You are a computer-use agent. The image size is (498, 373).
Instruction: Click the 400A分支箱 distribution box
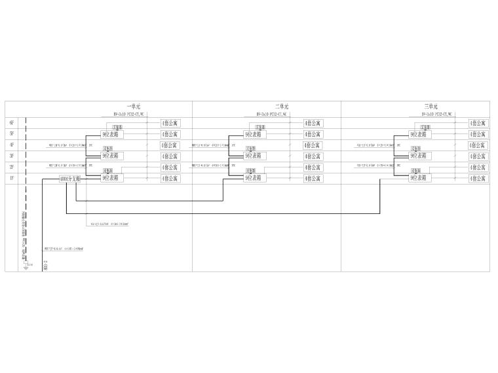69,178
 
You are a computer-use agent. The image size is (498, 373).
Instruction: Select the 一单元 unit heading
134,106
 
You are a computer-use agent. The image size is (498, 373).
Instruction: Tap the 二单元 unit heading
282,106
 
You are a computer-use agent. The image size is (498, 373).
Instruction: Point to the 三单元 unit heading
431,106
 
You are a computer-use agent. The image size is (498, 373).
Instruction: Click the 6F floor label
12,123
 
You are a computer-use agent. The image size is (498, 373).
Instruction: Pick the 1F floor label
12,178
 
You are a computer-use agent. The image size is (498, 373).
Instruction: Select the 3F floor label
12,156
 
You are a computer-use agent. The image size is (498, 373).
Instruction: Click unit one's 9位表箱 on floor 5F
110,134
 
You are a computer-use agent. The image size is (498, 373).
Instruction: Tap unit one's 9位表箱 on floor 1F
110,178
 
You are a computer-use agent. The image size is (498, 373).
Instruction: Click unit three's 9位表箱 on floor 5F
418,134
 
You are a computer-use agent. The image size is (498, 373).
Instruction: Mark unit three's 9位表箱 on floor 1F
418,178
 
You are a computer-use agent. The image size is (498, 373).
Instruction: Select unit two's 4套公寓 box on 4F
313,145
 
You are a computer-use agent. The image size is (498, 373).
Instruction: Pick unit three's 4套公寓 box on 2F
478,167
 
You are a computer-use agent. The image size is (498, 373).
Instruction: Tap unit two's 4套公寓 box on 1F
313,178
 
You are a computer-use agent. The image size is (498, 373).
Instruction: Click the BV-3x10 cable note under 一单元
128,113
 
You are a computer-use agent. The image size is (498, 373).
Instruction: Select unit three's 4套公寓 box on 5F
478,134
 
